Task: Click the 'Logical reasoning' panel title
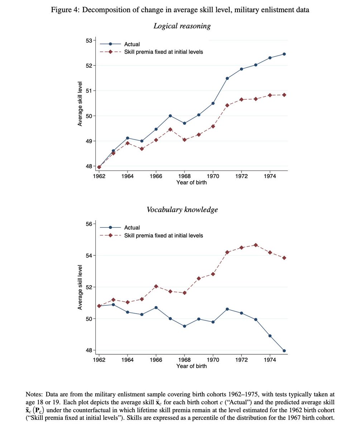[x=182, y=26]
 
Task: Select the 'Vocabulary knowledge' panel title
[x=182, y=210]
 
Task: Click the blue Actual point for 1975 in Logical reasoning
[x=284, y=54]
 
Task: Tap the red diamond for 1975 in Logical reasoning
[x=284, y=95]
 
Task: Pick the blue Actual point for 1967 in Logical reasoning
[x=170, y=116]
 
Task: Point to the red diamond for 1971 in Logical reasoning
[x=227, y=105]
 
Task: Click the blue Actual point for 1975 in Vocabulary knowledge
[x=284, y=350]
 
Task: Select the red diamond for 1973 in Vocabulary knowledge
[x=256, y=245]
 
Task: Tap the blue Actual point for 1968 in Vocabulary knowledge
[x=184, y=326]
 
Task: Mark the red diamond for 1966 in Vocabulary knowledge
[x=156, y=286]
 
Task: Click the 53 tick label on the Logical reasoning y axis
[x=89, y=40]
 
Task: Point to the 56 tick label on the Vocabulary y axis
[x=89, y=224]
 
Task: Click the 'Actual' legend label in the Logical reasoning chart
[x=132, y=44]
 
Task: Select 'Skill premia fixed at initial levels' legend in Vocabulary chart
[x=163, y=235]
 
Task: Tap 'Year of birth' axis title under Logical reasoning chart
[x=191, y=183]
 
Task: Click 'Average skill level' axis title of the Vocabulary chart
[x=80, y=287]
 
